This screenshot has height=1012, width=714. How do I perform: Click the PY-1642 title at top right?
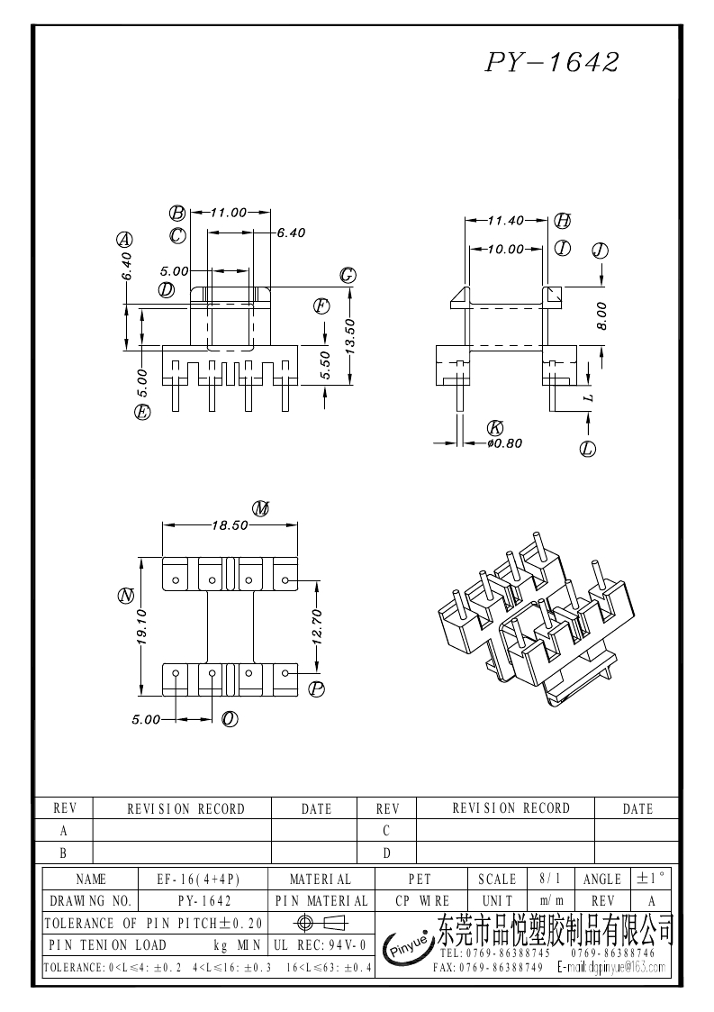click(553, 62)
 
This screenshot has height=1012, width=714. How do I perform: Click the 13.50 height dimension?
click(351, 335)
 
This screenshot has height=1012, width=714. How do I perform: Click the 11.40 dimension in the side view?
click(505, 220)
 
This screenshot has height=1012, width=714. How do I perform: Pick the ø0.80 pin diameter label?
click(504, 442)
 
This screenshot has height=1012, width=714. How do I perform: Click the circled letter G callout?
click(347, 276)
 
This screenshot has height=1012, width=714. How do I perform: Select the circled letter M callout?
click(261, 509)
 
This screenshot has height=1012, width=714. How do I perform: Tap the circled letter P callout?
click(316, 689)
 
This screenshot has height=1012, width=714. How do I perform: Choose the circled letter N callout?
click(126, 596)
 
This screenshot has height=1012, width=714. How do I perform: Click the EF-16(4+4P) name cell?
click(205, 879)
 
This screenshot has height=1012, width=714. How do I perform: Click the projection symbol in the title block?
click(319, 922)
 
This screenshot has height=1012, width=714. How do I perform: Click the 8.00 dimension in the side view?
click(601, 315)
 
